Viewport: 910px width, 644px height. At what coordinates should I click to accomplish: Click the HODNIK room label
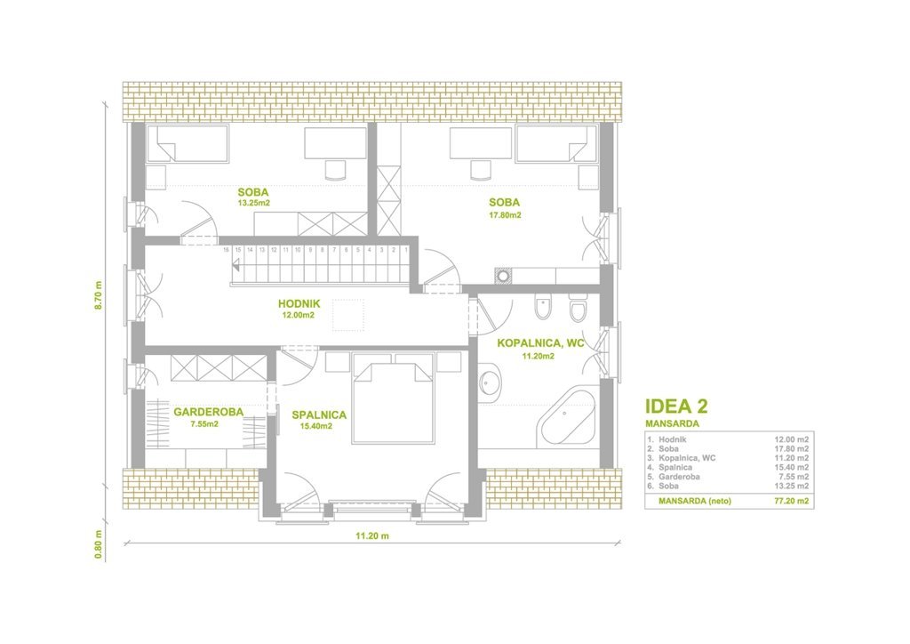(299, 303)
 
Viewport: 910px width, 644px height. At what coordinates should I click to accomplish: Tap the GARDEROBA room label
(208, 412)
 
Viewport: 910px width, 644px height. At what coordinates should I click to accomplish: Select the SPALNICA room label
(319, 415)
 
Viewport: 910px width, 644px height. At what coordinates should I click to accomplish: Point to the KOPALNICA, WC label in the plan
(540, 343)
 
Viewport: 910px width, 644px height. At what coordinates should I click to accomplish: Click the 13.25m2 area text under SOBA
(253, 203)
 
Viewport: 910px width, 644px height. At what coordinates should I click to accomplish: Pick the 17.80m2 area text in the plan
(505, 215)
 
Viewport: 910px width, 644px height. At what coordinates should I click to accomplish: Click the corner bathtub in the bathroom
(566, 415)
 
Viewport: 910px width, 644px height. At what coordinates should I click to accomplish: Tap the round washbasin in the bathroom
(491, 382)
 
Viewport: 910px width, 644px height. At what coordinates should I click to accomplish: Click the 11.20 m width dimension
(372, 536)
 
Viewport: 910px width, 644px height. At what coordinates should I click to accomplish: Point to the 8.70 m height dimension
(98, 295)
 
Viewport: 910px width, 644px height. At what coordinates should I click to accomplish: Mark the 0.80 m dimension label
(98, 544)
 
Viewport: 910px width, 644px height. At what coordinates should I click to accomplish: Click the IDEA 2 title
(676, 407)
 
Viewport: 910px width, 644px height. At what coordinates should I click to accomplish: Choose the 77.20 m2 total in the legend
(792, 501)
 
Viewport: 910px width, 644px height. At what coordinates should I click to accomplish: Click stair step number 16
(226, 250)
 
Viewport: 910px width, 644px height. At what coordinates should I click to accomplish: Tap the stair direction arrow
(236, 267)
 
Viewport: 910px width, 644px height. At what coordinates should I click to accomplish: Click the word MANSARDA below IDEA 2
(672, 424)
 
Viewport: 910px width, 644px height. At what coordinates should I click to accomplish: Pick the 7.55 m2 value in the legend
(794, 477)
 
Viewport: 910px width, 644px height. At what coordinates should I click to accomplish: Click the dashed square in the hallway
(348, 315)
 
